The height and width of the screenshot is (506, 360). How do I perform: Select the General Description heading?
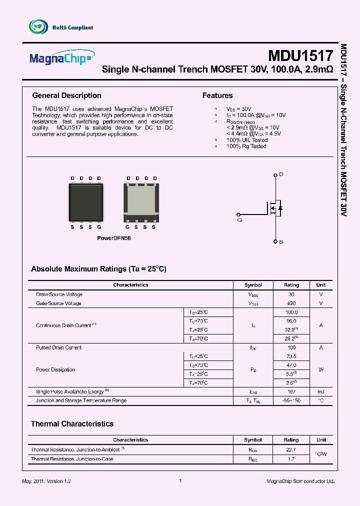(x=66, y=95)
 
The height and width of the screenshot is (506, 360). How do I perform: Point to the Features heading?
(x=217, y=95)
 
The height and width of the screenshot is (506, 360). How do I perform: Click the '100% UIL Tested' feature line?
(x=247, y=140)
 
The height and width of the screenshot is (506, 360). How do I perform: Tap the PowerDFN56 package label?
(x=113, y=238)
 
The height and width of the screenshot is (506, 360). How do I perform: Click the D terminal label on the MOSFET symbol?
(x=281, y=174)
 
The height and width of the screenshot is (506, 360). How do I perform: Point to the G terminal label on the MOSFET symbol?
(x=239, y=219)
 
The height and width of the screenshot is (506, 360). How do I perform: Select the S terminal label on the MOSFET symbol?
(x=281, y=242)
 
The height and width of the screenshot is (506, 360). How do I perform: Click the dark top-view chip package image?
(x=85, y=202)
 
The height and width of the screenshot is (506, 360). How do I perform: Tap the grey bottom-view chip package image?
(x=141, y=202)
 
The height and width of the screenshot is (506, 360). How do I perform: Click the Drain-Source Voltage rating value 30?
(x=291, y=294)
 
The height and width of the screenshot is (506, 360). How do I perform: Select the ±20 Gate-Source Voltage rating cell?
(x=291, y=303)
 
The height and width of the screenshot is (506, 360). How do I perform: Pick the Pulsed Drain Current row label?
(x=58, y=347)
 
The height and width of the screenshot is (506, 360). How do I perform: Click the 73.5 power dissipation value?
(x=291, y=356)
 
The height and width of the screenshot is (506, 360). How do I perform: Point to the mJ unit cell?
(x=320, y=391)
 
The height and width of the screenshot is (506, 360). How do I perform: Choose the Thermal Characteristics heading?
(x=72, y=423)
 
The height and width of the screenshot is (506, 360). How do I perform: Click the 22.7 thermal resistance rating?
(x=291, y=449)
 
